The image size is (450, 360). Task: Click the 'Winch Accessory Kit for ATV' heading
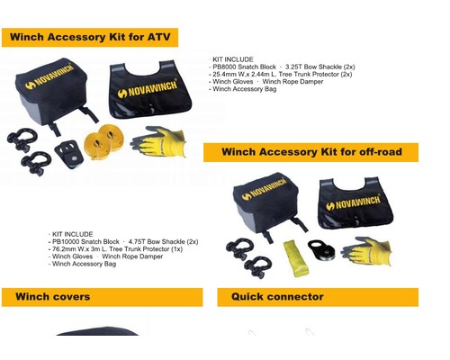90,37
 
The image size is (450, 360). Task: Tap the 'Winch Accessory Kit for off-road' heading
311,152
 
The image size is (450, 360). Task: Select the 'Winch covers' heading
53,297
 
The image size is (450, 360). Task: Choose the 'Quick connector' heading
277,297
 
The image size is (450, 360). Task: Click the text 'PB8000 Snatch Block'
244,67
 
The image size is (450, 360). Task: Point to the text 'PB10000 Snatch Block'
85,241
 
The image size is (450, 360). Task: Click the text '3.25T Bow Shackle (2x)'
320,67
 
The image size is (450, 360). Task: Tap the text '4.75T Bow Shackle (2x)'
163,241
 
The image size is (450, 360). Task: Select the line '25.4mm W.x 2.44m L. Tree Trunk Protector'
283,74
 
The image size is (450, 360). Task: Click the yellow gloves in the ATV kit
158,141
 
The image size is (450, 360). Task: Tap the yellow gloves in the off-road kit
366,251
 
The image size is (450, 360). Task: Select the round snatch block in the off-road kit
321,251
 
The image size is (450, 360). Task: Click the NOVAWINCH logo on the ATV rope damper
148,89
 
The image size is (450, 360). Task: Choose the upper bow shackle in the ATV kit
22,139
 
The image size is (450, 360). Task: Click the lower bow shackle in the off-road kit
258,267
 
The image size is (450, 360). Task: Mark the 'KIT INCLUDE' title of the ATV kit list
233,59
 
